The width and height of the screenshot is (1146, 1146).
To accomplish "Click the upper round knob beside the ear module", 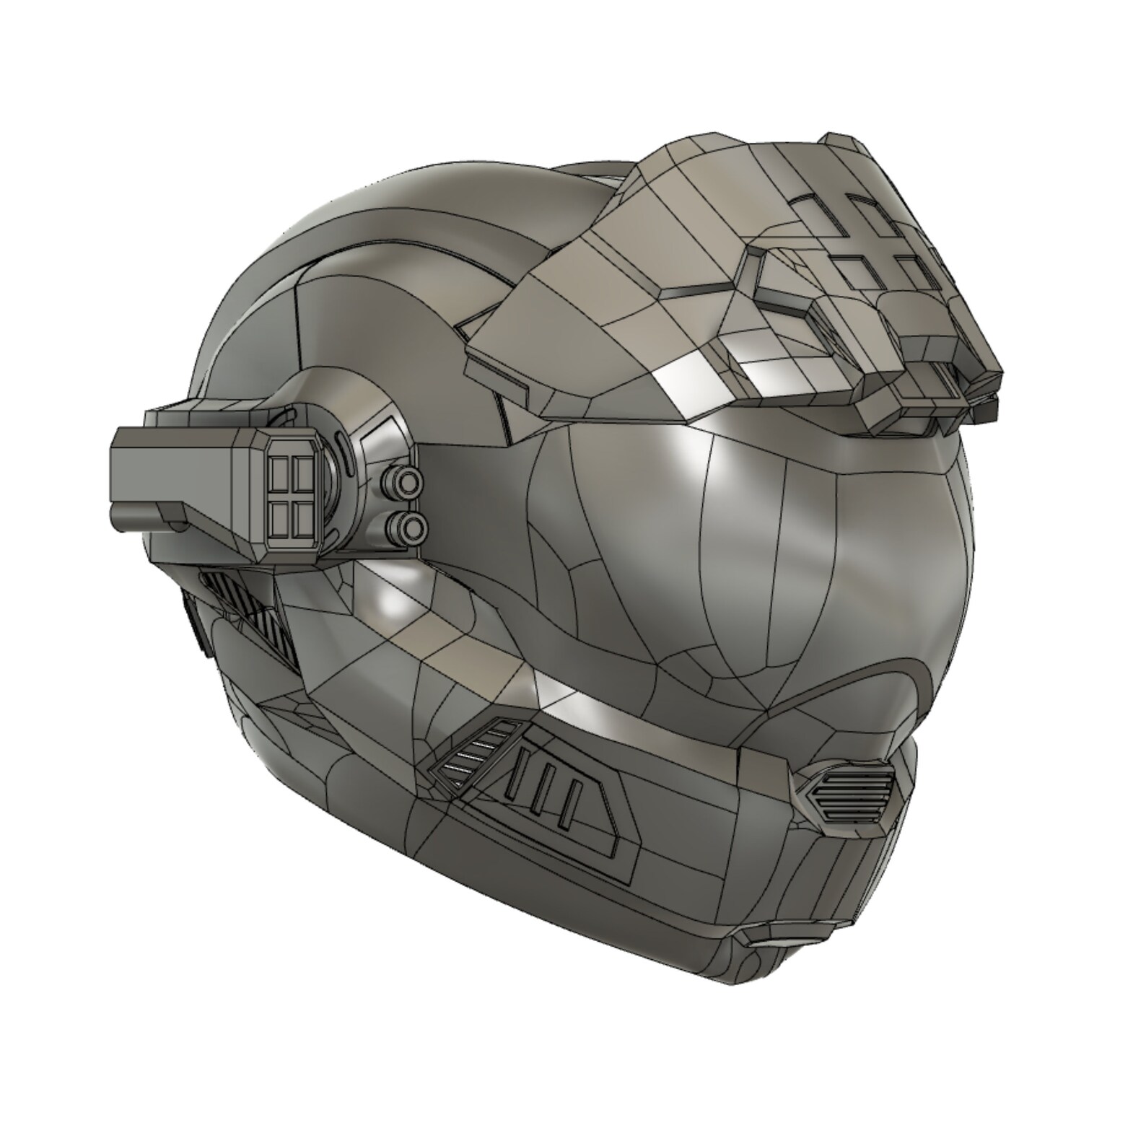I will (x=408, y=478).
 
